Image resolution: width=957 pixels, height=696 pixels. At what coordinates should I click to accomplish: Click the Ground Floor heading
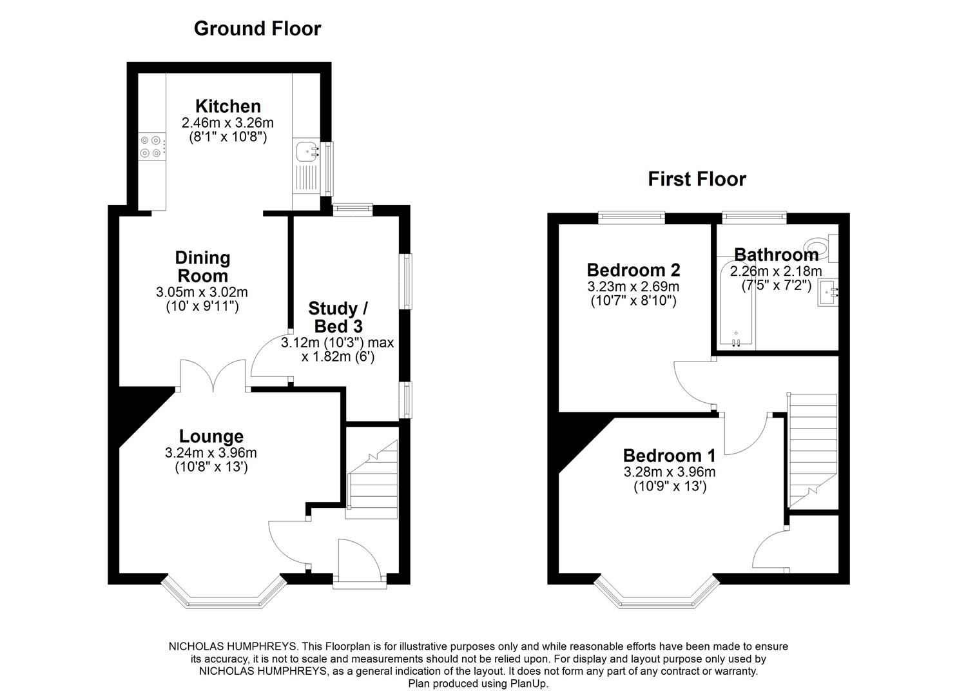[x=257, y=28]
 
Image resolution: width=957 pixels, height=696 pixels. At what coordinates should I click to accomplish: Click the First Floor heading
[x=697, y=179]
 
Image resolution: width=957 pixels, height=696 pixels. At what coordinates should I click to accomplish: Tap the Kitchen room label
[x=219, y=106]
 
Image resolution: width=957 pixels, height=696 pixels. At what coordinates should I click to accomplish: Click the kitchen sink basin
[x=305, y=151]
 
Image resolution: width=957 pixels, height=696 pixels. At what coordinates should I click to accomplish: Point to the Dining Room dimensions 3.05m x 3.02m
[x=202, y=292]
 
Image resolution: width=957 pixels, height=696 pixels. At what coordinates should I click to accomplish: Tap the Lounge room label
[x=211, y=436]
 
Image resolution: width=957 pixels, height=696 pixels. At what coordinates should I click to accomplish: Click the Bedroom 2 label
[x=633, y=270]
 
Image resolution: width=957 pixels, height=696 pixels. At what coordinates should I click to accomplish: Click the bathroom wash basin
[x=827, y=293]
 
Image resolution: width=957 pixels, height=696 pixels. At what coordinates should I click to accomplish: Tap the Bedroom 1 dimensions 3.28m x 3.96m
[x=669, y=472]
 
